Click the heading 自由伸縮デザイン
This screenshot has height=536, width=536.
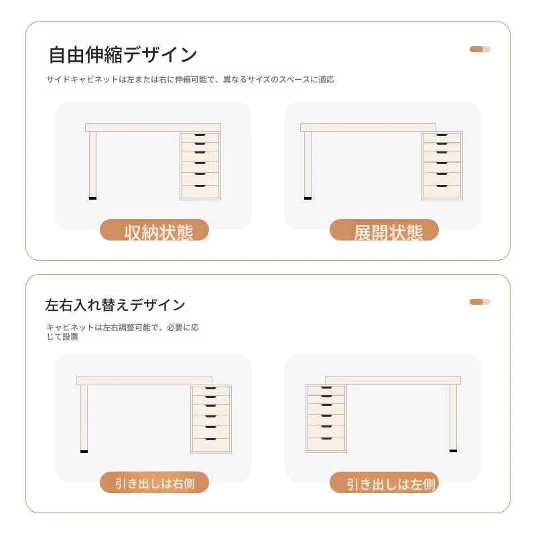[123, 55]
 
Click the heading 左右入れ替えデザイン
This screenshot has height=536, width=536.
[115, 305]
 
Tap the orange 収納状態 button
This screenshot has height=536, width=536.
[154, 230]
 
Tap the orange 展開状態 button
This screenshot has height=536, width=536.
[384, 230]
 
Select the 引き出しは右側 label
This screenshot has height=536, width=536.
[154, 482]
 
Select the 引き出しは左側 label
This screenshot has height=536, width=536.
[384, 482]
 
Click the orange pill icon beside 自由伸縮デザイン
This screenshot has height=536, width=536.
[480, 49]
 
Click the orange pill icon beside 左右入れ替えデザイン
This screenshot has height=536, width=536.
[480, 302]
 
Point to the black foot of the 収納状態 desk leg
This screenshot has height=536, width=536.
[92, 198]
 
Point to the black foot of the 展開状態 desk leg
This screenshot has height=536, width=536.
[308, 198]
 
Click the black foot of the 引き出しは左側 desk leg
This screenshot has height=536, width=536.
[454, 451]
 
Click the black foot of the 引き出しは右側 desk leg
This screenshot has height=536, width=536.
[84, 452]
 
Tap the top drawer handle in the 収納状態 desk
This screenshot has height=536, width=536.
[200, 135]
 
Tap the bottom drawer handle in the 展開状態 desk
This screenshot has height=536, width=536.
[442, 186]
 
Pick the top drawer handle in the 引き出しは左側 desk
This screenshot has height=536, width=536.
[327, 388]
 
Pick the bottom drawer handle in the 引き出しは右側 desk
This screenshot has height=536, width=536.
[210, 440]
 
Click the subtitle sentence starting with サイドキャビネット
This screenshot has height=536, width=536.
[190, 80]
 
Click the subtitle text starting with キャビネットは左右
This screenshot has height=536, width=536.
[123, 332]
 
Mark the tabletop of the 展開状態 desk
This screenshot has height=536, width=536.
[368, 127]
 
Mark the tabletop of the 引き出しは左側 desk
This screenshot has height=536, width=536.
[393, 380]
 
